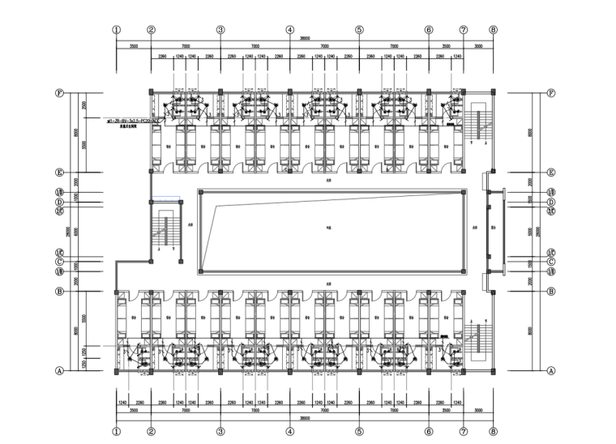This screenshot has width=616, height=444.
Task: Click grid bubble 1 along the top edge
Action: click(117, 29)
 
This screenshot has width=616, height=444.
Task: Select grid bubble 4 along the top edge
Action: click(289, 29)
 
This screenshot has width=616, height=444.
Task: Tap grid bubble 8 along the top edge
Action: click(493, 29)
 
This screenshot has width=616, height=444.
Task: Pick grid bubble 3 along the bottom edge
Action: click(220, 433)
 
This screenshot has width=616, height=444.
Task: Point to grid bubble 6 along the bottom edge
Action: click(429, 433)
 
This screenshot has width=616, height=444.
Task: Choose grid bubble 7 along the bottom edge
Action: click(464, 433)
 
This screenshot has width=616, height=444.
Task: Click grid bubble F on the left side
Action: click(59, 92)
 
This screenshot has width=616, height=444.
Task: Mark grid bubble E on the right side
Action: click(550, 173)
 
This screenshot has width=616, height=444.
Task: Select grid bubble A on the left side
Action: click(59, 371)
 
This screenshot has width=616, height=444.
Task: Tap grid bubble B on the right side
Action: click(550, 291)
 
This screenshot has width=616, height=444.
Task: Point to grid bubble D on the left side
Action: click(59, 202)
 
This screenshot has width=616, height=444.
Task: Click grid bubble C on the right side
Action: click(550, 262)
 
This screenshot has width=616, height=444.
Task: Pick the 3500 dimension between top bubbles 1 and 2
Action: click(134, 46)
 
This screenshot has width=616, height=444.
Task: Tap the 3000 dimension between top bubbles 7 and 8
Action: click(478, 46)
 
